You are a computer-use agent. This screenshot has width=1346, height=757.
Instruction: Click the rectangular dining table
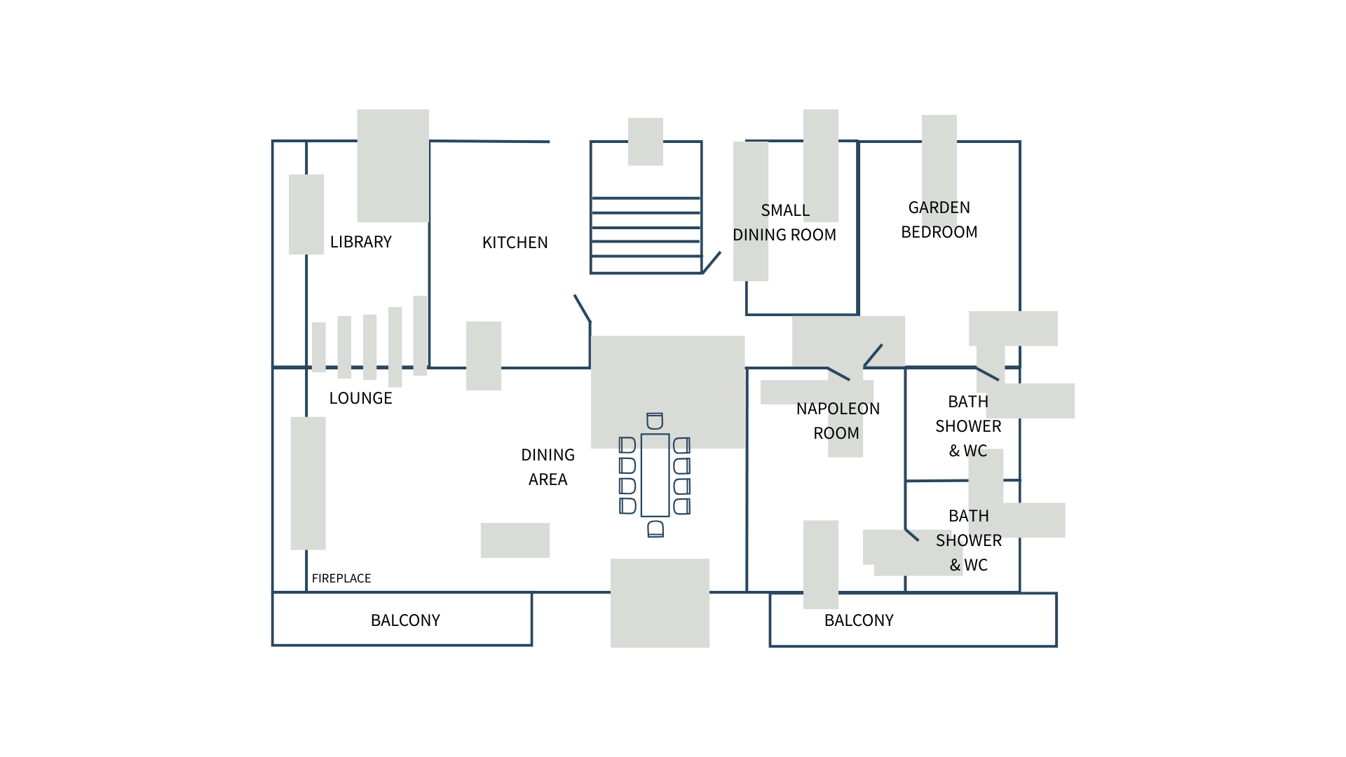coord(655,475)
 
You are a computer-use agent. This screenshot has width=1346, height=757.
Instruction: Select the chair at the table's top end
coord(655,421)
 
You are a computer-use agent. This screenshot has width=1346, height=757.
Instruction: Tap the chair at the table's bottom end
coord(655,529)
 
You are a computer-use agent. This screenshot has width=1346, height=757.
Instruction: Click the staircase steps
coord(646,235)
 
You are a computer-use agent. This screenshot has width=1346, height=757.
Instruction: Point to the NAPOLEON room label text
coord(838,409)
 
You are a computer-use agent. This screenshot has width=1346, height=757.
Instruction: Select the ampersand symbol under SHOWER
coord(955,565)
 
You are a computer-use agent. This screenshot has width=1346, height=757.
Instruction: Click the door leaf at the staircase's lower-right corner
coord(712,262)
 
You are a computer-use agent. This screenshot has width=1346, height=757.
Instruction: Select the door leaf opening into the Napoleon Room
coord(839,374)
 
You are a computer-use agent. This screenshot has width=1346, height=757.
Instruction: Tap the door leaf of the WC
coord(987,374)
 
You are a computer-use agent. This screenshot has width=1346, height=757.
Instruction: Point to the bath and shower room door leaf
coord(911,535)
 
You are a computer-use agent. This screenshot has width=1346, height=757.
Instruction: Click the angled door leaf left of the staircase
coord(583,308)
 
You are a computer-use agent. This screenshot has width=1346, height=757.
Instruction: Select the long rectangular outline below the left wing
coord(402,618)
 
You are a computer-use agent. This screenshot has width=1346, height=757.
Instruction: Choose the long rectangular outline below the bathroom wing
coord(913,620)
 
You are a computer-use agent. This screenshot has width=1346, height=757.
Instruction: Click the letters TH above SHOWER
coord(979,516)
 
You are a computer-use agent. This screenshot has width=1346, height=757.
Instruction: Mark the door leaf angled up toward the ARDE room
coord(873,355)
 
